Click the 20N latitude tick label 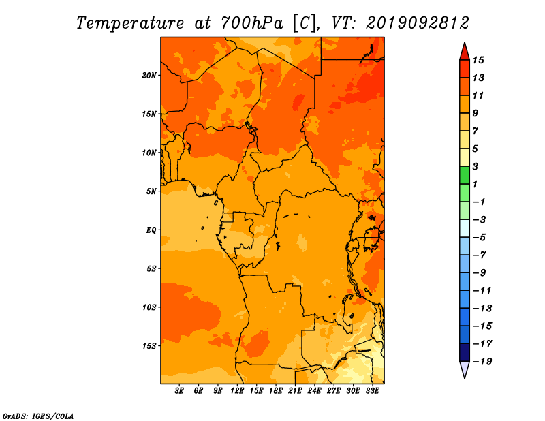[149, 76]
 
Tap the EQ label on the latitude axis [151, 230]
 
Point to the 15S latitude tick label [149, 346]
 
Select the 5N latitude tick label [151, 191]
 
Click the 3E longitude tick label [179, 391]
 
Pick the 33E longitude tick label [372, 391]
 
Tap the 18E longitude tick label [276, 391]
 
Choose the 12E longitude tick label [237, 391]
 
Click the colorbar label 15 [478, 60]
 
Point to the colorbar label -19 [482, 362]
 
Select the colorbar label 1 [475, 184]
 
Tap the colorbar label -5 [480, 238]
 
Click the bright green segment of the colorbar [465, 175]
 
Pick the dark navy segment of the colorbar [465, 352]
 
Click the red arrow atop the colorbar [465, 52]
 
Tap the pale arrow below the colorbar [465, 370]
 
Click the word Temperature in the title [130, 23]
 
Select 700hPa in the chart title [251, 23]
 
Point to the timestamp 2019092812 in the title [418, 23]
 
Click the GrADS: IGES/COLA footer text [38, 416]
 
